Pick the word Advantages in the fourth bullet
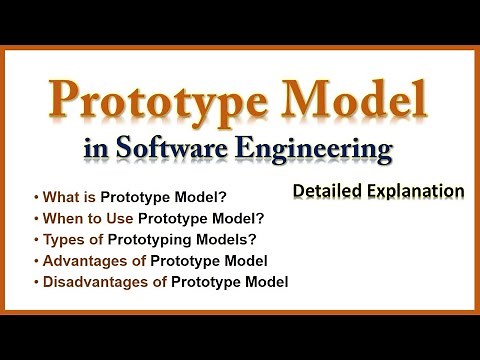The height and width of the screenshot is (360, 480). pos(80,261)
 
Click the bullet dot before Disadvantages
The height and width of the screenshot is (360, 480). pos(36,283)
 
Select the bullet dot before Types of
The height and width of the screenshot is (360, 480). pos(36,239)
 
